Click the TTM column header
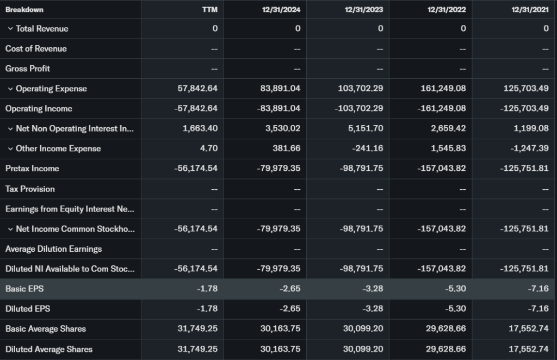coord(210,9)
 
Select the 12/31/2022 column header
coord(447,9)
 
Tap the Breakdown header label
coord(24,9)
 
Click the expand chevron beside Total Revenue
coord(10,29)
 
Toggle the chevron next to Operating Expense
coord(10,89)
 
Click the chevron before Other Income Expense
coord(10,148)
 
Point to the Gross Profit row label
coord(28,69)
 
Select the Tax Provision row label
coord(30,189)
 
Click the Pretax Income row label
coord(32,169)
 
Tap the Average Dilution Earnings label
coord(53,249)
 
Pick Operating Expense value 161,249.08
coord(443,89)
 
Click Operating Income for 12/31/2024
coord(278,109)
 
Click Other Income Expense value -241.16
coord(366,148)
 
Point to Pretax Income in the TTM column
coord(196,169)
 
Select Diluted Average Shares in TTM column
coord(197,349)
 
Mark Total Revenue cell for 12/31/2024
coord(298,29)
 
